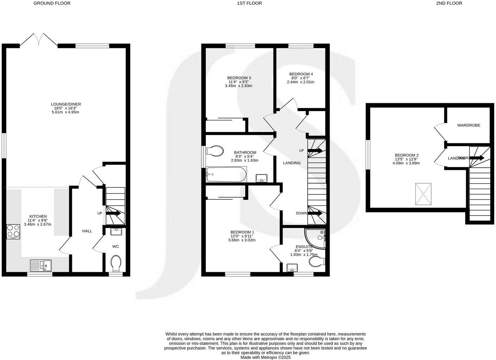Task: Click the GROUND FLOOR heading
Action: [52, 3]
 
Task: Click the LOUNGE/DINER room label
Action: [66, 104]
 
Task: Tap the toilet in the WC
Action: [116, 263]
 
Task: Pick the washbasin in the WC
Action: [116, 231]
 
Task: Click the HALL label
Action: [87, 231]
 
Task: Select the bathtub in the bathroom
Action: [226, 174]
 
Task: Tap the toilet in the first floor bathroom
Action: [215, 151]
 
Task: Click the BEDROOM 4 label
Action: [301, 74]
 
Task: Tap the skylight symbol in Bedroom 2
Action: [423, 194]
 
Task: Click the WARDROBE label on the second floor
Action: [469, 125]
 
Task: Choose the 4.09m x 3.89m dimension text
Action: [407, 163]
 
